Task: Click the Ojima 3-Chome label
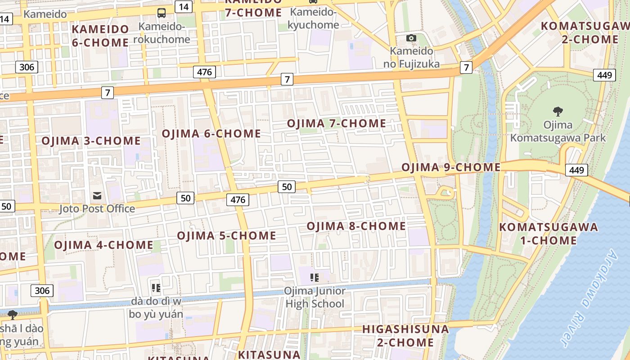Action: [91, 141]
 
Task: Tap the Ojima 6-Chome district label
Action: [211, 134]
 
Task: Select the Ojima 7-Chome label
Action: [337, 123]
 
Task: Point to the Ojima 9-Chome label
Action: [451, 167]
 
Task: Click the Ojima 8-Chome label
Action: [356, 226]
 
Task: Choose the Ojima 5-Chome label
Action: [226, 236]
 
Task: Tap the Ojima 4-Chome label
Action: [104, 245]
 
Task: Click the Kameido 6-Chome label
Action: [100, 36]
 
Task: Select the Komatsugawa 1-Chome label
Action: [549, 234]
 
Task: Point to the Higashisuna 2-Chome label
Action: [405, 336]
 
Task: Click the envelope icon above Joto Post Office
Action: [97, 195]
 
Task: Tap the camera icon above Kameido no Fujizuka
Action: [411, 38]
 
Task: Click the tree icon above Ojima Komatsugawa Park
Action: [558, 111]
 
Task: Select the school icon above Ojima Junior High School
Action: [315, 277]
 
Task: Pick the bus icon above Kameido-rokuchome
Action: [162, 13]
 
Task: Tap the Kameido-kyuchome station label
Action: [313, 18]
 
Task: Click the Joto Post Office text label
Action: [97, 209]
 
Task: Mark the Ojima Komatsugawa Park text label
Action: [558, 131]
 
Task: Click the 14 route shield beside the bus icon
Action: [184, 7]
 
